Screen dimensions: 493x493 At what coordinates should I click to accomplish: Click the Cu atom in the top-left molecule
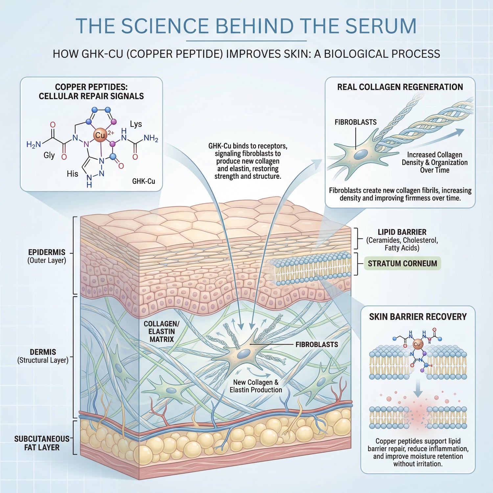point(100,135)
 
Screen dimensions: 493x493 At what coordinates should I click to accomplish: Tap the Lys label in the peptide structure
point(136,124)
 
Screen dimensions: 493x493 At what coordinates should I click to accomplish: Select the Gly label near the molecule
point(49,155)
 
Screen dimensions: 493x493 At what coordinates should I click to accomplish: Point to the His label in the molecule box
point(72,174)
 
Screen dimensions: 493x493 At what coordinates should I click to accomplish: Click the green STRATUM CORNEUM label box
point(402,264)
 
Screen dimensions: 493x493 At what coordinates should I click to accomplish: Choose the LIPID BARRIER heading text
point(402,232)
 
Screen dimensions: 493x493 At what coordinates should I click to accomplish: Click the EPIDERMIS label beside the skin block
point(47,252)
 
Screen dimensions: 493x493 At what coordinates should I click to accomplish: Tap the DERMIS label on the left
point(43,352)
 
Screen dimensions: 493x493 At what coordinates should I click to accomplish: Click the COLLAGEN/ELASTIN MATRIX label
point(162,331)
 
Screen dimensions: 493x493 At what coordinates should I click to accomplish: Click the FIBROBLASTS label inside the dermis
point(317,344)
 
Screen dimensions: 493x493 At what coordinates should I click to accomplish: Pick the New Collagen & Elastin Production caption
point(256,386)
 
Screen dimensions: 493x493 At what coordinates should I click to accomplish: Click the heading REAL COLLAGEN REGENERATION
point(400,87)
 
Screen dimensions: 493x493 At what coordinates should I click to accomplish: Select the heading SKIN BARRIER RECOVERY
point(418,317)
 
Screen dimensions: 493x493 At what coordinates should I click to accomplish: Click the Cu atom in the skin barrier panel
point(417,344)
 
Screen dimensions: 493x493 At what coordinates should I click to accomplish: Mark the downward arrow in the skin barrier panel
point(418,389)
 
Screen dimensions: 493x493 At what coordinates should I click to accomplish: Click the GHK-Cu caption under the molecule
point(144,181)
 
